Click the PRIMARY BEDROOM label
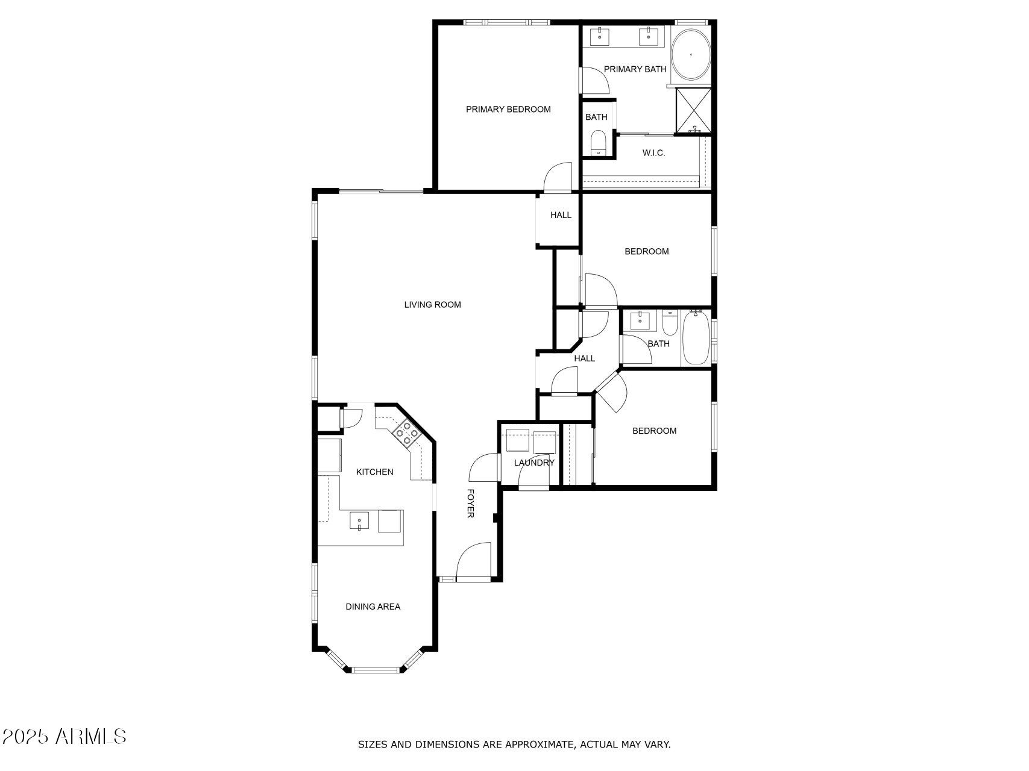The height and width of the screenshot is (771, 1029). [x=508, y=110]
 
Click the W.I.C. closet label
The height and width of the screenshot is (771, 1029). [x=653, y=153]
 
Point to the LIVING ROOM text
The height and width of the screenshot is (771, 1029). [x=432, y=305]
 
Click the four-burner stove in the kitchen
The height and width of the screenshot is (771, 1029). [x=407, y=433]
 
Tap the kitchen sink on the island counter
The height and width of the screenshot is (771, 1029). [x=359, y=520]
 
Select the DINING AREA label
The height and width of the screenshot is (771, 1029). [x=373, y=607]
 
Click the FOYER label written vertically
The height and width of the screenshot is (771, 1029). [x=471, y=503]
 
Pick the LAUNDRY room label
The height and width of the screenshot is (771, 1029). [x=534, y=463]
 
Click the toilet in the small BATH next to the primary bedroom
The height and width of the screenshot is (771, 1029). [x=598, y=142]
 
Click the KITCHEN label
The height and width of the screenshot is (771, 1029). [x=374, y=472]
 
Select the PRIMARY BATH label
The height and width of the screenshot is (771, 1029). [x=635, y=69]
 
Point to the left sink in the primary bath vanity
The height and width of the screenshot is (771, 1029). [x=600, y=36]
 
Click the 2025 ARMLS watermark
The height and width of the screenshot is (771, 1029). [x=65, y=736]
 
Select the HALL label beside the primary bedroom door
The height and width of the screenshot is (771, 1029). [x=561, y=215]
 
